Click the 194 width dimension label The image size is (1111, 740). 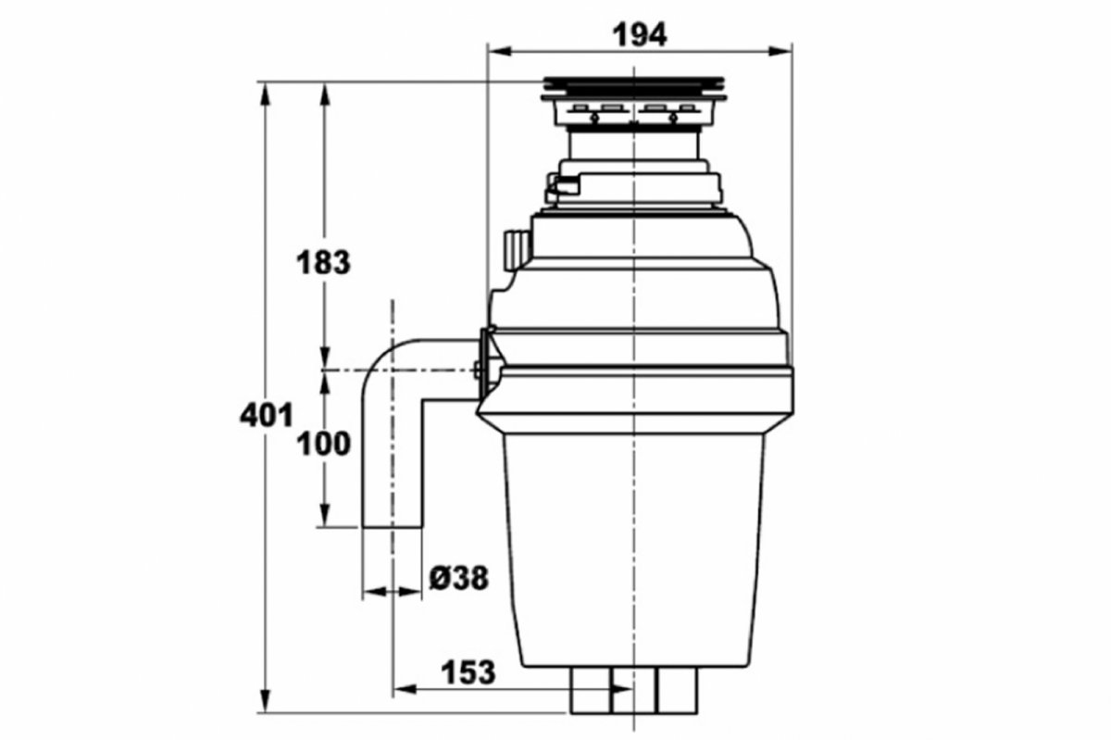[640, 36]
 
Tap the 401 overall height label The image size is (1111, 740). [267, 416]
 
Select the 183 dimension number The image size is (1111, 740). [323, 262]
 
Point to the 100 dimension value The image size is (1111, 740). [323, 444]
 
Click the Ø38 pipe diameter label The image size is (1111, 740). [459, 578]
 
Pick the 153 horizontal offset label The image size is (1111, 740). [468, 672]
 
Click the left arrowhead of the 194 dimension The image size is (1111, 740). [499, 51]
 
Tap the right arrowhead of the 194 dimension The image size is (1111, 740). [780, 51]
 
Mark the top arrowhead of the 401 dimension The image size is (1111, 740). [266, 94]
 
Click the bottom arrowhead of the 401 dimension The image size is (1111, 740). [266, 701]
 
